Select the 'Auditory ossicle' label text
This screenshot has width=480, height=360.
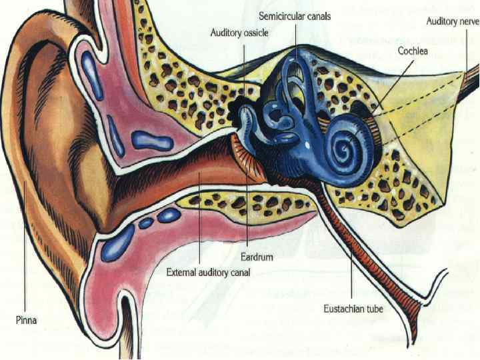pyautogui.click(x=239, y=31)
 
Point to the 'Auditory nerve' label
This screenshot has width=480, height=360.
pyautogui.click(x=452, y=21)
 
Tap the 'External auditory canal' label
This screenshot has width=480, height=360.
pyautogui.click(x=207, y=272)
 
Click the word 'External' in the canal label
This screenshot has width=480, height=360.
pyautogui.click(x=182, y=272)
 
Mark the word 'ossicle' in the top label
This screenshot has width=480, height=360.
pyautogui.click(x=255, y=31)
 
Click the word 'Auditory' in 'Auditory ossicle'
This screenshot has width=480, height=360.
pyautogui.click(x=225, y=31)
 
